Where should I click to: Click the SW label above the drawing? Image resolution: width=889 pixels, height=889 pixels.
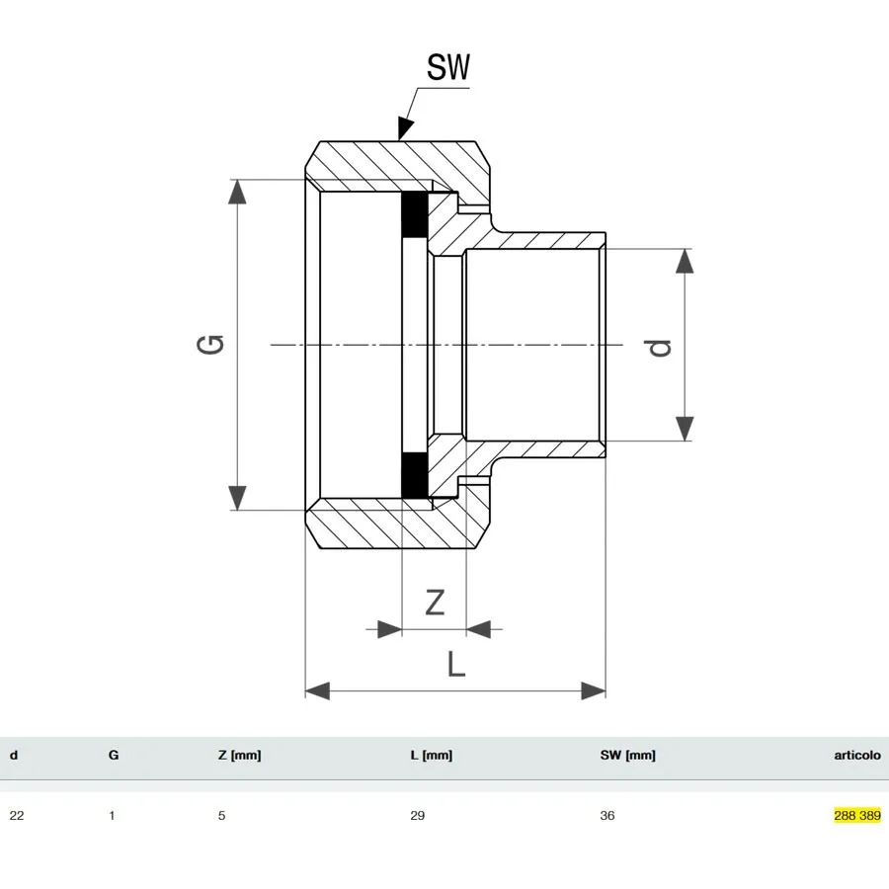pos(447,67)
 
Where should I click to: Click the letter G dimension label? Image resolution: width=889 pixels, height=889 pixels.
pos(211,344)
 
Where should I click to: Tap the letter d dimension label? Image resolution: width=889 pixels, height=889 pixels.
pos(659,347)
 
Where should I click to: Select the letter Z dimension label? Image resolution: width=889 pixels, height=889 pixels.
pos(435,601)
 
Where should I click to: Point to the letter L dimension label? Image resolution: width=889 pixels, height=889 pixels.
pos(455,664)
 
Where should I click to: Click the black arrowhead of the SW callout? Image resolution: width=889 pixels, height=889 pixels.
pos(405,128)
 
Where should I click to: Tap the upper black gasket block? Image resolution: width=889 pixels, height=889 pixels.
pos(414,215)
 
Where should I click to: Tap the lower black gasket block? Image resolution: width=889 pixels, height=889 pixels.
pos(414,475)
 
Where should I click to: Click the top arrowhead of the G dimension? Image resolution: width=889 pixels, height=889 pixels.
pos(237,192)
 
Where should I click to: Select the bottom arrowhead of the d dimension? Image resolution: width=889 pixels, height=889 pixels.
pos(685,428)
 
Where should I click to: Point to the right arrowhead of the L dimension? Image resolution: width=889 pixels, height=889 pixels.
pos(593,690)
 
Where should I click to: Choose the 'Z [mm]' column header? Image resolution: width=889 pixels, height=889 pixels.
pos(239,756)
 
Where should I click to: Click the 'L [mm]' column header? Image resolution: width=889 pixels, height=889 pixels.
pos(431,756)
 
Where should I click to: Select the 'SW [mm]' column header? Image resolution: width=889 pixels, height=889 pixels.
pos(627,756)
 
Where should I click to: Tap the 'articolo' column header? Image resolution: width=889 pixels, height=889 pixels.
pos(856,756)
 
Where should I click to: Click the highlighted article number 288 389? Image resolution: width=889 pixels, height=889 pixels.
pos(856,816)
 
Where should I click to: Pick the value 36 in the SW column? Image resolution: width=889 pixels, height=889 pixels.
pos(607,816)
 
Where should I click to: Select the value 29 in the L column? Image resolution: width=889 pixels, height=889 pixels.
pos(418,816)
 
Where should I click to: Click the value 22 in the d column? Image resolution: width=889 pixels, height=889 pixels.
pos(17,816)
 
